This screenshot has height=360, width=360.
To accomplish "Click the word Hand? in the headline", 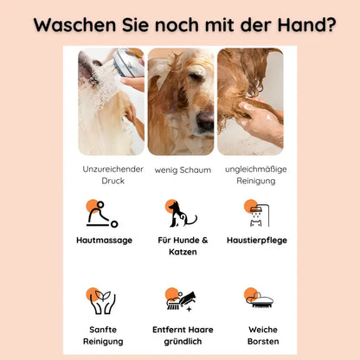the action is click(306, 25).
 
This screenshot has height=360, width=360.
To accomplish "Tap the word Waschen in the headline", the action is click(74, 25).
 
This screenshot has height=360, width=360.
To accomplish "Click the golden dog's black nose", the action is click(206, 120).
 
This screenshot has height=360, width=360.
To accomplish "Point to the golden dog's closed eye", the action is click(196, 77).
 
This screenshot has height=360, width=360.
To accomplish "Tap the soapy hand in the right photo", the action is click(259, 118).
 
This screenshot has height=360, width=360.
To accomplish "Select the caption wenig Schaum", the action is click(183, 170).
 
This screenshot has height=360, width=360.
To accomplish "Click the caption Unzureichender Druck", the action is click(112, 175).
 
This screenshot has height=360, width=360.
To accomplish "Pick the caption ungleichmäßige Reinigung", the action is click(256, 175).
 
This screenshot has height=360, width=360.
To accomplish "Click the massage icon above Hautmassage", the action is click(102, 214).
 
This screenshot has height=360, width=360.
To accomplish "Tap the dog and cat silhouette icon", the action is click(181, 214).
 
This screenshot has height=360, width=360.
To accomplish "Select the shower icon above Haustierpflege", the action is click(257, 213).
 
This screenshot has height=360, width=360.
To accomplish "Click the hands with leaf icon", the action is click(101, 301).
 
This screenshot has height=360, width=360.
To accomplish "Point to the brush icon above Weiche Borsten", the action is click(259, 298).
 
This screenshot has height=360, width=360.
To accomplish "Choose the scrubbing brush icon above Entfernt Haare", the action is click(181, 299).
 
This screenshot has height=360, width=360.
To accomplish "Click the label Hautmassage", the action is click(104, 241).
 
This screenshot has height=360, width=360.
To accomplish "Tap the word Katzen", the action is click(183, 252).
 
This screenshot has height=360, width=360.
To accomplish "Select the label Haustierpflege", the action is click(257, 241).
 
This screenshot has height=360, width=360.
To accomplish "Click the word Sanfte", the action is click(103, 330).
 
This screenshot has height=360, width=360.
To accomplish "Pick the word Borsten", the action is click(263, 341).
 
